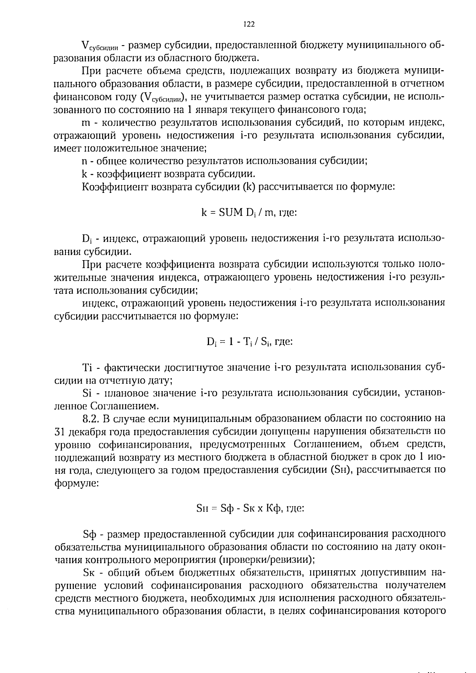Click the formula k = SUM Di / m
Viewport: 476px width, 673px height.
[249, 213]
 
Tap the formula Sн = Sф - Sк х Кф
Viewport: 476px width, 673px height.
[250, 508]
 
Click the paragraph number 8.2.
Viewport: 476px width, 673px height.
[90, 418]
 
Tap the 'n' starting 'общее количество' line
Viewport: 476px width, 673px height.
[84, 161]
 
